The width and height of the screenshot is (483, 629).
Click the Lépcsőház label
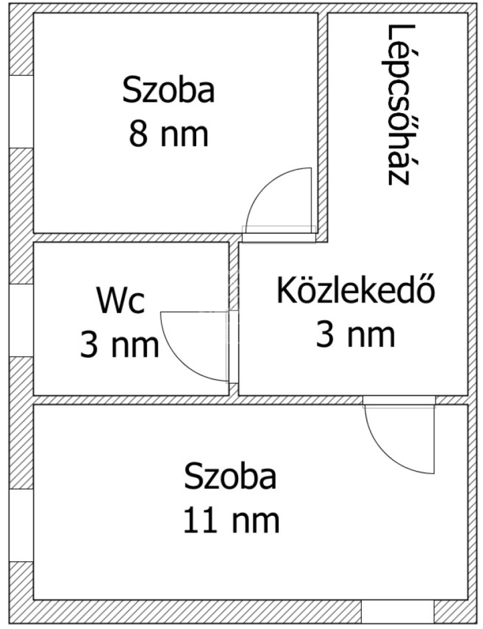point(401,105)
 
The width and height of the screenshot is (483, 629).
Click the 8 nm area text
point(169,134)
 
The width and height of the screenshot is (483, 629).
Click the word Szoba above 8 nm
point(169,89)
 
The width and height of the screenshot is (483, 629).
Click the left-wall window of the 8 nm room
point(21,111)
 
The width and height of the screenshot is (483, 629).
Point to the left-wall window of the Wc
point(21,321)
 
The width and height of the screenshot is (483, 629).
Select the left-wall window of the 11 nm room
point(21,525)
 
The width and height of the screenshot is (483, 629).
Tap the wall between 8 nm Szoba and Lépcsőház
point(322,127)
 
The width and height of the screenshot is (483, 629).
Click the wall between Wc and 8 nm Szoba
point(138,238)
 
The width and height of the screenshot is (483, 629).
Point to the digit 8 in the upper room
point(138,134)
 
